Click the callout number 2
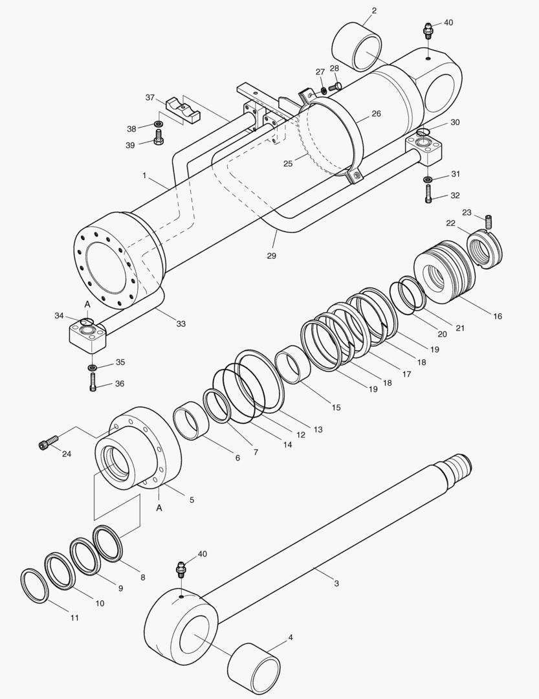(374, 10)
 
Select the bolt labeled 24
(45, 444)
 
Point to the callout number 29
(271, 256)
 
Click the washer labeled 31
(428, 179)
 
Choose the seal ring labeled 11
(34, 585)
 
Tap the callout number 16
(497, 316)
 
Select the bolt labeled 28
(335, 85)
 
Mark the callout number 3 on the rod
(336, 583)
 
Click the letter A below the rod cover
(159, 508)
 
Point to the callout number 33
(181, 324)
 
